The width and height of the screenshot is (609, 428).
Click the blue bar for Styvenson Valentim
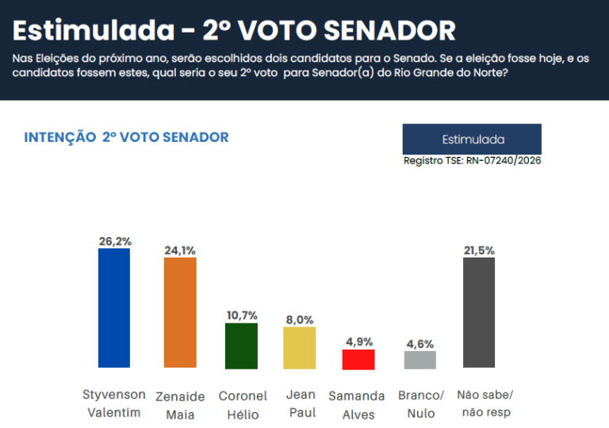tap(113, 308)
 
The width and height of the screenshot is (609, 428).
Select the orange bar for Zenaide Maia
tap(180, 312)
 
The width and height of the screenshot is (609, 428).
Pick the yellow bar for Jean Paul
tap(300, 348)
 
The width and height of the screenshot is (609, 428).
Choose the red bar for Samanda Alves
tap(358, 359)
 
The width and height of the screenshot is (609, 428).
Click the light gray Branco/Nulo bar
tap(420, 360)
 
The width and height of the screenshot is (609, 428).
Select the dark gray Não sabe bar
tap(479, 312)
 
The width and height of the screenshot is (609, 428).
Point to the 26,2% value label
tap(113, 241)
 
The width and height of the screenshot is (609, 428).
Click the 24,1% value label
tap(180, 250)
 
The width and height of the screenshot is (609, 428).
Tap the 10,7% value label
tap(242, 315)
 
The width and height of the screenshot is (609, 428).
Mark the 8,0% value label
tap(300, 319)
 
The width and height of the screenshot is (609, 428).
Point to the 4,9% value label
tap(358, 342)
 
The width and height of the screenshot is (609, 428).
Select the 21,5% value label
tap(479, 250)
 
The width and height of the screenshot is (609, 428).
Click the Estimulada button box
tap(472, 139)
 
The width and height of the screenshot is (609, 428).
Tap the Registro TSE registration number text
tap(472, 161)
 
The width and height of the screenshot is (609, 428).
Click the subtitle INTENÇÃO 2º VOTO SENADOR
tap(126, 137)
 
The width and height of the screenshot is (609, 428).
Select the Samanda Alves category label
tap(357, 404)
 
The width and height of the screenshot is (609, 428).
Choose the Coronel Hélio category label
tap(243, 404)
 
